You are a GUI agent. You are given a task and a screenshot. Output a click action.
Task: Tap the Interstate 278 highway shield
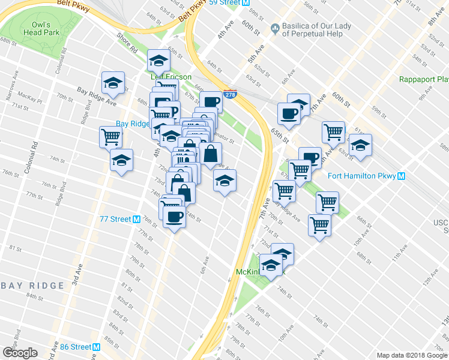[229, 94]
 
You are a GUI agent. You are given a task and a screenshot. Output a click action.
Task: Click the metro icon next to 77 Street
[137, 219]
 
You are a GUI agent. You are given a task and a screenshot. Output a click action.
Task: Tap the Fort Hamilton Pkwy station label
[362, 176]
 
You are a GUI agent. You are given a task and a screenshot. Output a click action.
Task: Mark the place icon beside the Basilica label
[275, 27]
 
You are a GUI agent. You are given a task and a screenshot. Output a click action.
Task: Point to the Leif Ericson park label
[171, 77]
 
